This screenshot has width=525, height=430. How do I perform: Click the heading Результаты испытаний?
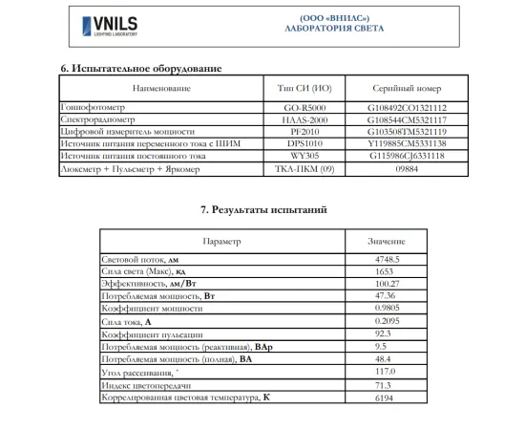pos(263,208)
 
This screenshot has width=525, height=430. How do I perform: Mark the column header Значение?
pos(386,243)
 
